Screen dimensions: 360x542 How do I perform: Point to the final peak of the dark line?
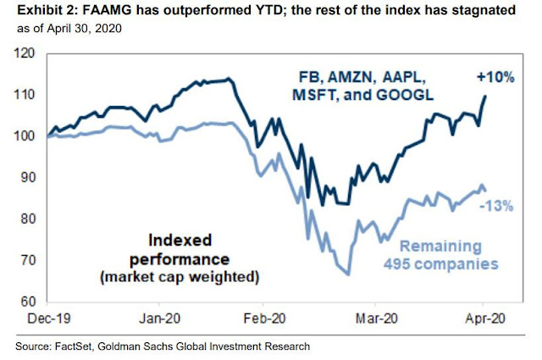pyautogui.click(x=485, y=95)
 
